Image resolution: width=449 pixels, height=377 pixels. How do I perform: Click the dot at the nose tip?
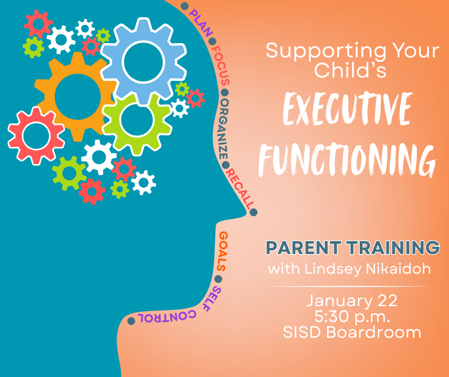point(254,212)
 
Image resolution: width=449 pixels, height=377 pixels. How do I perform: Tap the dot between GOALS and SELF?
point(219,279)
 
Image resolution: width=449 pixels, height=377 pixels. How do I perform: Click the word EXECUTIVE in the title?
point(347,110)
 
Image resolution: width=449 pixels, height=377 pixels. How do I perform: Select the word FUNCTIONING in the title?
point(347,157)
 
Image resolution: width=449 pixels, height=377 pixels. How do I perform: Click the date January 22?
point(351,301)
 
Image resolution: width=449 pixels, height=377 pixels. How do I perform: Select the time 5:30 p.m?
point(351,316)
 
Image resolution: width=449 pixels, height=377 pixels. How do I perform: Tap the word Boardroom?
point(374,332)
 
